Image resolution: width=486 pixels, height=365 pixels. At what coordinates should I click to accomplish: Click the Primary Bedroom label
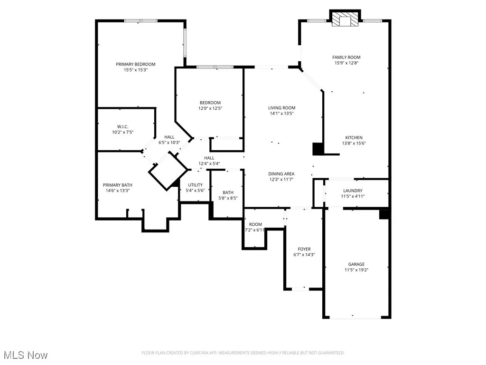pos(136,64)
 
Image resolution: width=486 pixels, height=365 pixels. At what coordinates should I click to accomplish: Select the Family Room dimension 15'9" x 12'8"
pos(346,63)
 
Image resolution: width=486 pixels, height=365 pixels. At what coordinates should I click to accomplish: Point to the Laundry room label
pos(353,191)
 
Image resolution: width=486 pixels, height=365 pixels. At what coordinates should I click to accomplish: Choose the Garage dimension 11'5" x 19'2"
pos(356,270)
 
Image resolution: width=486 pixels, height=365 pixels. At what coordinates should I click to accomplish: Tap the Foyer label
pos(304,249)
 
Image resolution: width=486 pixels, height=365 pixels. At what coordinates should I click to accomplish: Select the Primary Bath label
pos(118,185)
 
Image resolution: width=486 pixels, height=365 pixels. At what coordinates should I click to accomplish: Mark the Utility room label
pos(196,185)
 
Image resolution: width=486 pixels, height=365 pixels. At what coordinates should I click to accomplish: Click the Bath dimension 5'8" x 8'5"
pos(228,198)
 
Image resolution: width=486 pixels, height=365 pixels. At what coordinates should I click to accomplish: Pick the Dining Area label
pos(282,174)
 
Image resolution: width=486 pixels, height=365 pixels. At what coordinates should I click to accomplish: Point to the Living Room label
pos(282,108)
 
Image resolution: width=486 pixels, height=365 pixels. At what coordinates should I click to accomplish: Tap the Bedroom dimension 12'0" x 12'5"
pos(210,108)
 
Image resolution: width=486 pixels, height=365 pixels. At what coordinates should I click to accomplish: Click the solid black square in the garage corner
pos(385,214)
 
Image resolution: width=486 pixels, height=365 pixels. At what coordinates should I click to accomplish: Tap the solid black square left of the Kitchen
pos(318,149)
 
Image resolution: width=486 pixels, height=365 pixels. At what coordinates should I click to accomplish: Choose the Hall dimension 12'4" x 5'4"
pos(209,164)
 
